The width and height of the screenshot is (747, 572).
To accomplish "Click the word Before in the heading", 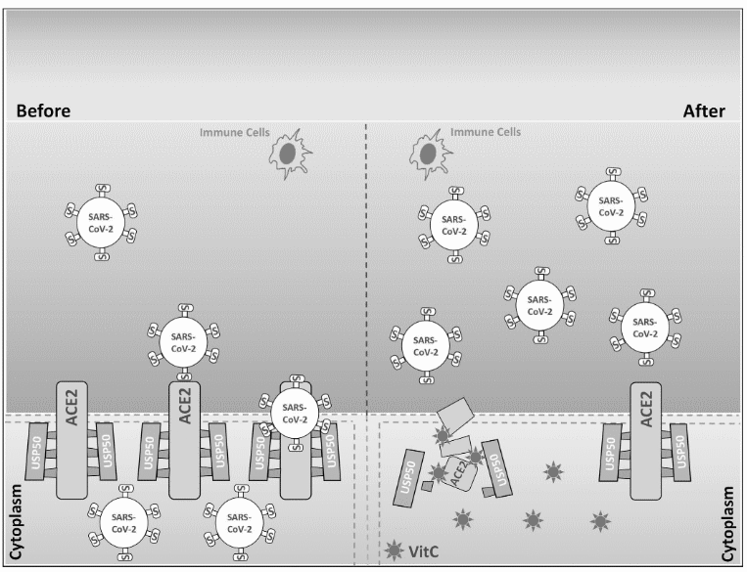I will tap(43, 111).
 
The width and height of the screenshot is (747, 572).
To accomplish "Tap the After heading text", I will tap(703, 111).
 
